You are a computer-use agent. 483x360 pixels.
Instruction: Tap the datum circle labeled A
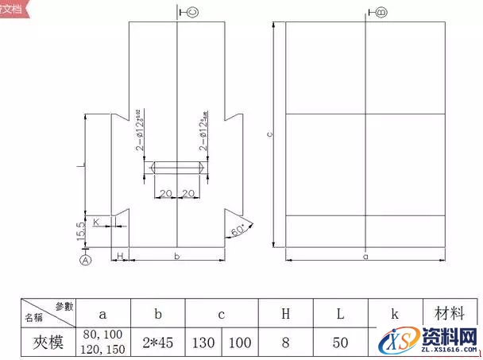tap(86, 258)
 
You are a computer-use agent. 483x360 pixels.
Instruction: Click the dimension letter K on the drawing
tap(96, 223)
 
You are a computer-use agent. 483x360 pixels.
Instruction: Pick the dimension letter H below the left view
tap(120, 255)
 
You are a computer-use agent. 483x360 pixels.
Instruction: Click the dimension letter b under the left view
tap(176, 256)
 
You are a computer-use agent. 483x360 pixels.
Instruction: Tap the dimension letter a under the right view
tap(365, 256)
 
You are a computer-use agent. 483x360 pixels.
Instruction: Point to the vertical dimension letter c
tap(270, 135)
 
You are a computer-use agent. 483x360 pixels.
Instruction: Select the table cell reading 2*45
tap(158, 343)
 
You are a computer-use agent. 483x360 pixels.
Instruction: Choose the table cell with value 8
tap(285, 343)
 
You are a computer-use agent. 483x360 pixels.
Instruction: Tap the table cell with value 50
tap(340, 343)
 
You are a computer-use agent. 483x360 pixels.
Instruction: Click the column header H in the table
tap(285, 314)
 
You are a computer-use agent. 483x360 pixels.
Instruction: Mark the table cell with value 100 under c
tap(241, 343)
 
